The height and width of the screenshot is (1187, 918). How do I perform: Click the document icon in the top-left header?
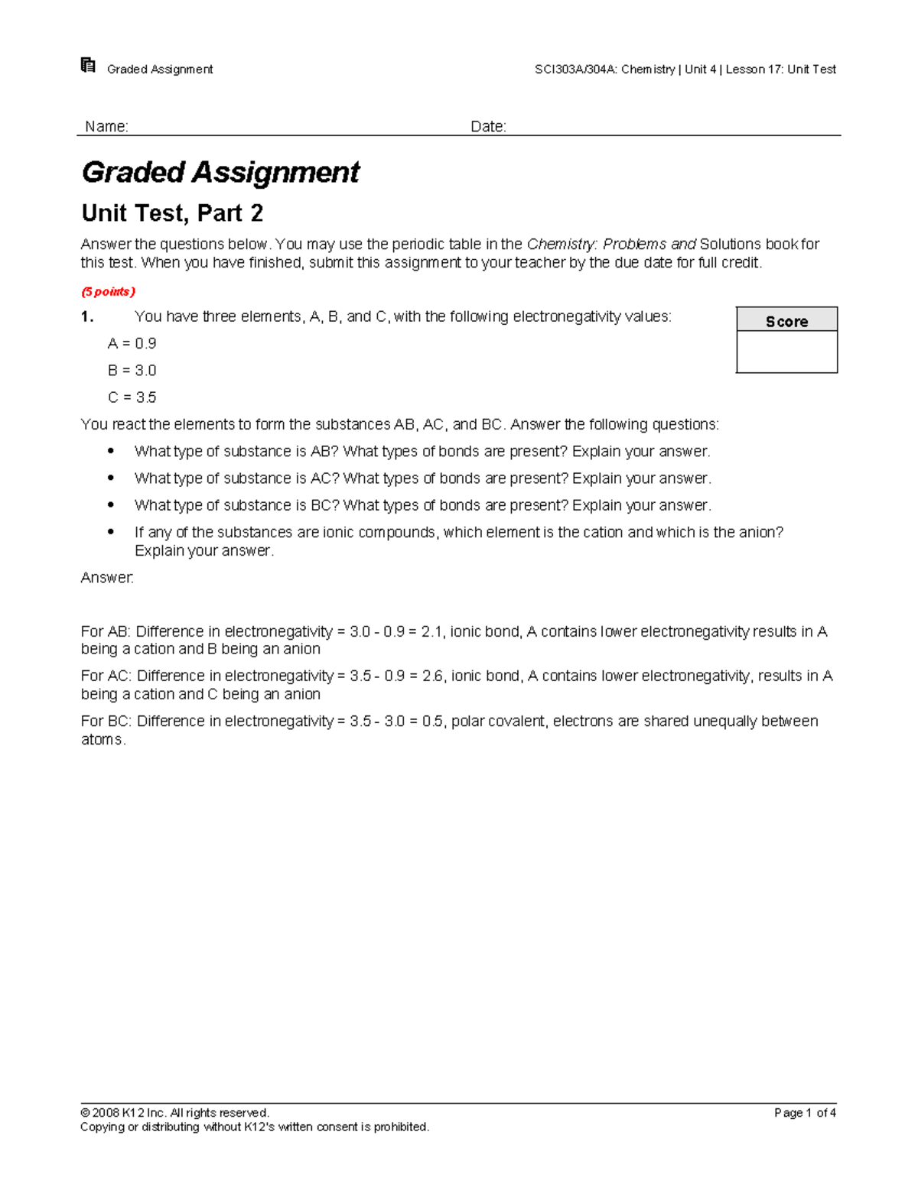[x=88, y=66]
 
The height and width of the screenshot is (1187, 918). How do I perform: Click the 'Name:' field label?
[x=106, y=126]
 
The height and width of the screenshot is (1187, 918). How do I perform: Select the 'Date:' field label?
[x=488, y=126]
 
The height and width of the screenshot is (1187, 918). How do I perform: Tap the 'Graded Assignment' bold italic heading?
[x=220, y=172]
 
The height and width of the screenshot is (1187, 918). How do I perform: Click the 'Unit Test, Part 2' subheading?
[x=172, y=212]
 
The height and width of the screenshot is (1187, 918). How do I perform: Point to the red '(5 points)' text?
[x=108, y=291]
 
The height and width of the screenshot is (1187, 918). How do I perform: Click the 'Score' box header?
[x=786, y=321]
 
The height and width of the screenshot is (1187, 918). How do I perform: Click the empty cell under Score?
[x=786, y=352]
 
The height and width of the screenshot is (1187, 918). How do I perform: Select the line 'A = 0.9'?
[x=132, y=343]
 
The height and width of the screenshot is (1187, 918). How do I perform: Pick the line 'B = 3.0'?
[x=132, y=370]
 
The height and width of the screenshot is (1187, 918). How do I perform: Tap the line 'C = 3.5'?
[x=132, y=397]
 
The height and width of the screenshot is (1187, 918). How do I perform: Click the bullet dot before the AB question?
[x=111, y=451]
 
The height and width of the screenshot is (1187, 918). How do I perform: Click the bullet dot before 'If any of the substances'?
[x=111, y=531]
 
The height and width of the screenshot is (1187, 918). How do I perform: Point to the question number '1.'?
[x=87, y=316]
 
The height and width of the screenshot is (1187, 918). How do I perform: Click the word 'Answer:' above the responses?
[x=107, y=578]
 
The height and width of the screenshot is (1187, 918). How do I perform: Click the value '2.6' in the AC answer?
[x=432, y=676]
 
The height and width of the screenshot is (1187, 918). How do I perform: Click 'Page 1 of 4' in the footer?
[x=804, y=1113]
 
